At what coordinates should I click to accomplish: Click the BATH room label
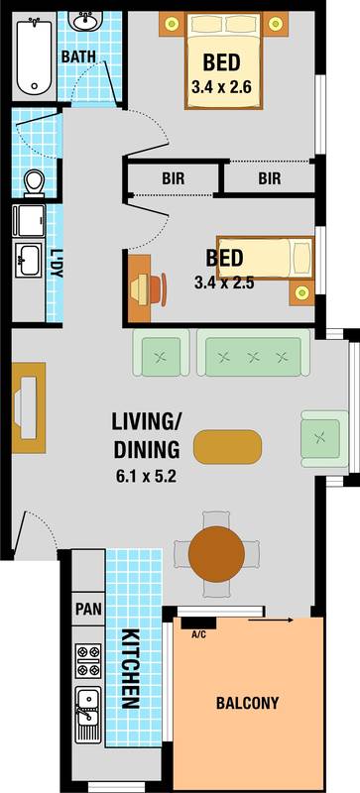tap(78, 57)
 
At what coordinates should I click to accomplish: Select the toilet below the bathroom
tap(35, 181)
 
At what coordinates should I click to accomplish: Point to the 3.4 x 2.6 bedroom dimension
tap(215, 87)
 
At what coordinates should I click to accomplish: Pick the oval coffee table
tap(229, 446)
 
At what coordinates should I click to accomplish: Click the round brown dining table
tap(216, 551)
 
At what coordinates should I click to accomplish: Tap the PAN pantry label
tap(85, 606)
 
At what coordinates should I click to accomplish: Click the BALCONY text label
tap(248, 704)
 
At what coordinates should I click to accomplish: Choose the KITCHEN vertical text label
tap(129, 668)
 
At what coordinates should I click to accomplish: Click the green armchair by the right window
tap(320, 436)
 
